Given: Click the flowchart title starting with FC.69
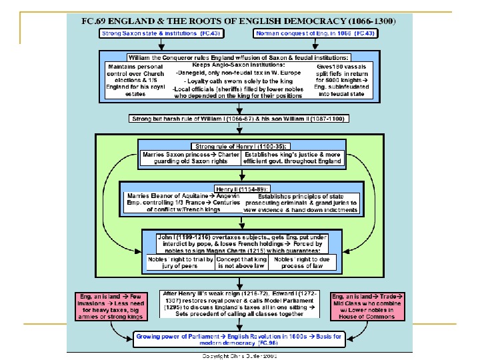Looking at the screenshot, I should point(239,21).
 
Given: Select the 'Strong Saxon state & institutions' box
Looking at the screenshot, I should point(153,33).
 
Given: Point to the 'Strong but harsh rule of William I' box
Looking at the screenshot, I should point(239,119).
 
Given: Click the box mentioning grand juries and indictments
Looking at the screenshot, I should point(299,203).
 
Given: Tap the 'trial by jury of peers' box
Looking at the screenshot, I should point(181,262).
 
